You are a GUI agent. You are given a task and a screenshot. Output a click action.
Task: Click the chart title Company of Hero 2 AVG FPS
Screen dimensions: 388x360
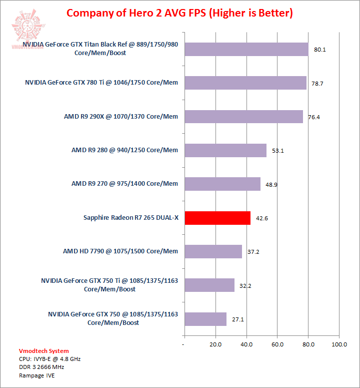tap(179, 13)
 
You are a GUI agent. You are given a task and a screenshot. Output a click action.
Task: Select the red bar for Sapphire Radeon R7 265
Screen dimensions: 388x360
tap(217, 218)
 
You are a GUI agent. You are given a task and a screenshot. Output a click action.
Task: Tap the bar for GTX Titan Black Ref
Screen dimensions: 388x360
tap(246, 49)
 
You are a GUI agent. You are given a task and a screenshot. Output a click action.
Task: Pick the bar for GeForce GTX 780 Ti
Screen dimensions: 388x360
tap(245, 83)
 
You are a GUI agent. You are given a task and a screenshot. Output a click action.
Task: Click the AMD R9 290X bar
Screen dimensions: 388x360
tap(243, 117)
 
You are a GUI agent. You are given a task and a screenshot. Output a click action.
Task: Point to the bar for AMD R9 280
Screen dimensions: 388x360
tap(225, 150)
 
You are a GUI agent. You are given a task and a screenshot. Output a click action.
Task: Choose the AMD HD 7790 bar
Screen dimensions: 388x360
tap(213, 251)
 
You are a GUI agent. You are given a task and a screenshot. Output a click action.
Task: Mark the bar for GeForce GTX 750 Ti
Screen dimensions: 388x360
tap(209, 285)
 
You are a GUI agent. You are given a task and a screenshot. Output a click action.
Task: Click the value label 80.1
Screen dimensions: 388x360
tap(320, 50)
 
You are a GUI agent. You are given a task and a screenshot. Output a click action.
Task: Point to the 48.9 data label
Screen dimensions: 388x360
tap(271, 185)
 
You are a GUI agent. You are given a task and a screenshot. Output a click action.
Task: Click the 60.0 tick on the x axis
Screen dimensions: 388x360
tap(277, 344)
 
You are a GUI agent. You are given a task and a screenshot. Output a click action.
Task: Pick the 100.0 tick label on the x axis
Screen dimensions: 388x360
tap(339, 344)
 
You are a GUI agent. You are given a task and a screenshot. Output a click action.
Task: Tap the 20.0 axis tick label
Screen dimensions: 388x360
tap(215, 344)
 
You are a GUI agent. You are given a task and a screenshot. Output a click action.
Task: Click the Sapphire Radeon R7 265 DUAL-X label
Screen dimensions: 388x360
tap(131, 218)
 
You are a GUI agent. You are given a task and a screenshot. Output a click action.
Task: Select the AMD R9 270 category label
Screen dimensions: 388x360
tap(124, 184)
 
